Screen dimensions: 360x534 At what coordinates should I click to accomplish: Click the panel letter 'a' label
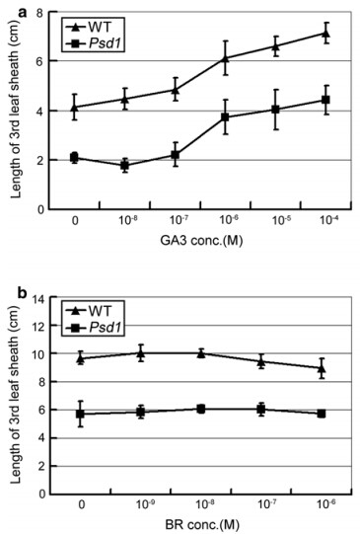23,14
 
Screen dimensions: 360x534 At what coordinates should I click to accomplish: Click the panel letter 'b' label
23,293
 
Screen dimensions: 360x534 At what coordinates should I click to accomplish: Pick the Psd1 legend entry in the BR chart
93,328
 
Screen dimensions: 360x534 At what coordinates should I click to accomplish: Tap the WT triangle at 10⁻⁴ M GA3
325,33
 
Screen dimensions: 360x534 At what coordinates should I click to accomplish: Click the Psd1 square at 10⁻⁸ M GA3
125,166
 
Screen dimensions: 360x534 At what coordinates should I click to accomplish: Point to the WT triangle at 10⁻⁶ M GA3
225,58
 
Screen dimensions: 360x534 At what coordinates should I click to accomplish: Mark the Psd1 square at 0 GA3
75,157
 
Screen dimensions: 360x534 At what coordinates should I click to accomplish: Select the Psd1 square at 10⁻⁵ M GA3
275,110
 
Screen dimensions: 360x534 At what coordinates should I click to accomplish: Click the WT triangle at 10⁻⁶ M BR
322,368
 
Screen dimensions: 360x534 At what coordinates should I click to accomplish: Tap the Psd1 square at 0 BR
80,414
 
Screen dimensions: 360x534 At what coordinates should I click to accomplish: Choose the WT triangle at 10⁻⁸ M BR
201,353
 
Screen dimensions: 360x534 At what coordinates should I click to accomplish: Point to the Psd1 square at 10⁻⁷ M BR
261,409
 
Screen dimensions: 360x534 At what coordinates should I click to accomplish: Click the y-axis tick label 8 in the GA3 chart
40,13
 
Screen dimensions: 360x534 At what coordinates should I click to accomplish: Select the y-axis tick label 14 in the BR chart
37,298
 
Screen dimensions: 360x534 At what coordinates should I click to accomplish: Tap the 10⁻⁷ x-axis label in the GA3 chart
176,220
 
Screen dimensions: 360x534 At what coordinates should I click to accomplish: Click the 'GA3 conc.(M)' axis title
201,241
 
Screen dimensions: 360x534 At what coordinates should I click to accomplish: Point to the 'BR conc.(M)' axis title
202,525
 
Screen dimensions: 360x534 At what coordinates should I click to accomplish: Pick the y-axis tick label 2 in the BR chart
40,466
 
